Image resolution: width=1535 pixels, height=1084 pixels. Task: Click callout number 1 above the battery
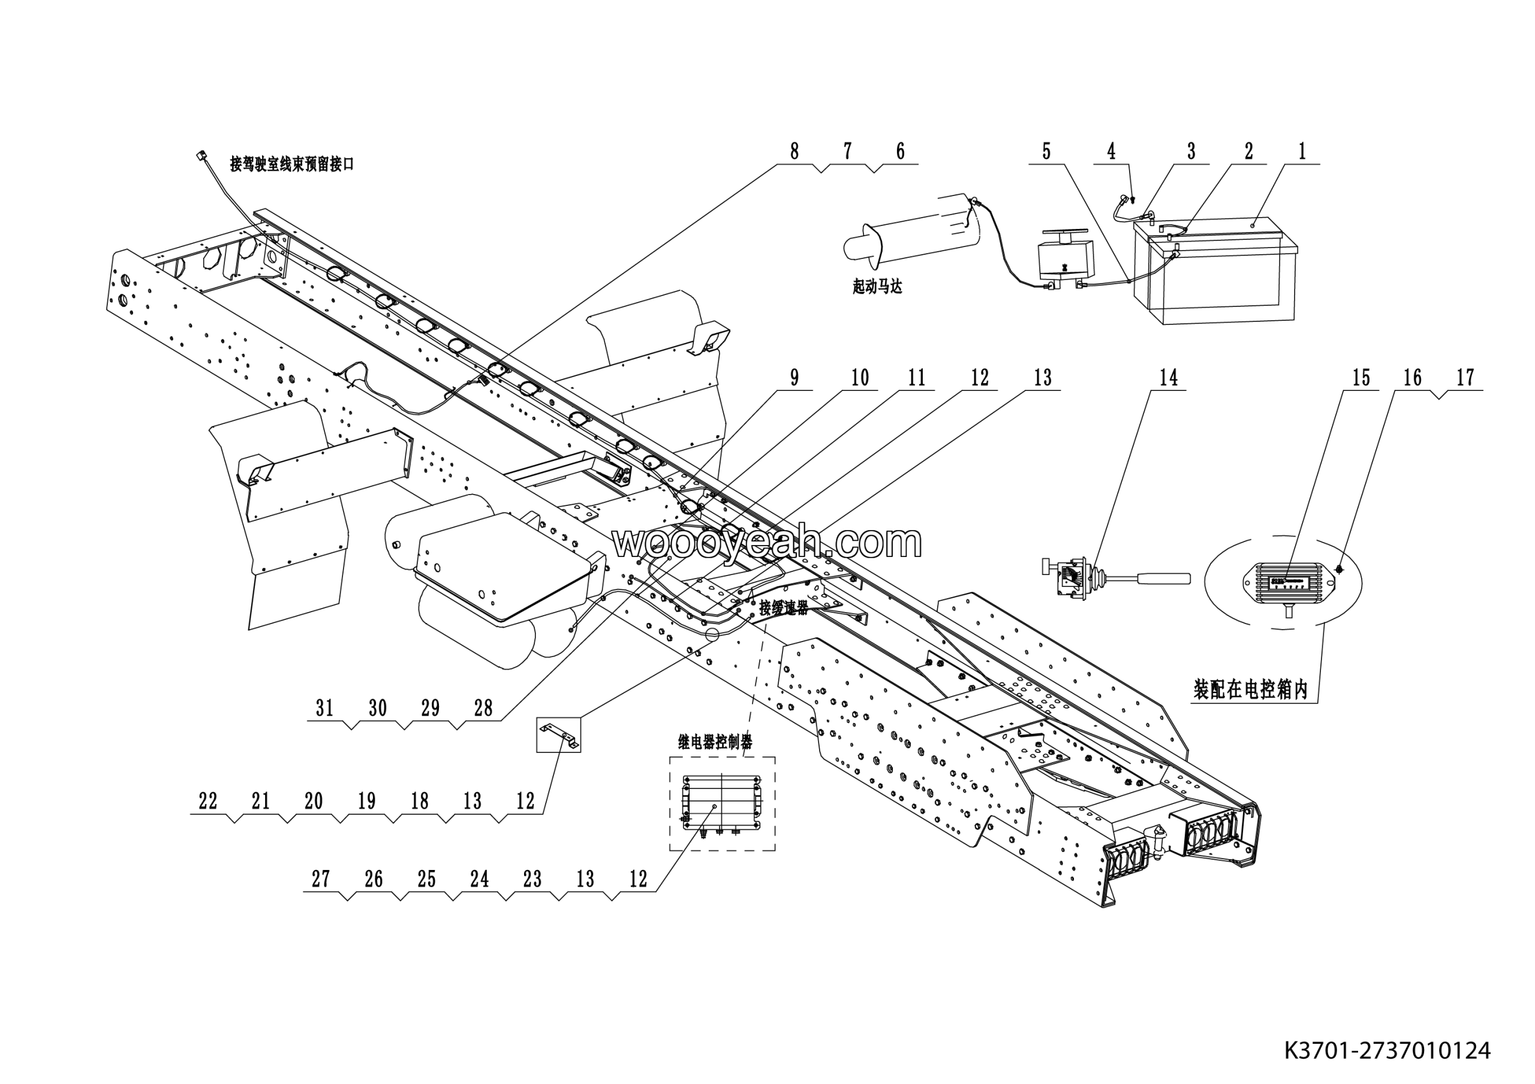1302,152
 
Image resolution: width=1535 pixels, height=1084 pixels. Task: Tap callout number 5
1046,152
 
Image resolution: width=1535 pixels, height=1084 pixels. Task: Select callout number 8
794,152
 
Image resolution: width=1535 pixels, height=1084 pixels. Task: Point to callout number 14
1169,378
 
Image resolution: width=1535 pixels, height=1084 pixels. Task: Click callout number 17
1465,378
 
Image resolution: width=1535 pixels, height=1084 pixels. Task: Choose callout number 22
208,801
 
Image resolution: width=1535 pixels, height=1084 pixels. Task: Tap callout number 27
321,880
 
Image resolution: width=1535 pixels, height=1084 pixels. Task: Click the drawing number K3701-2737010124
1386,1050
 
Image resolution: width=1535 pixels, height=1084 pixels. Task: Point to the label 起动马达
877,287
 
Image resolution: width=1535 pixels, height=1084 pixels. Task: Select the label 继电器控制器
715,742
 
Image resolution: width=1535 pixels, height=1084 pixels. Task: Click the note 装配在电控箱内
1250,689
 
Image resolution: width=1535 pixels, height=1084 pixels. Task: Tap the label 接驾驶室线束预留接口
291,164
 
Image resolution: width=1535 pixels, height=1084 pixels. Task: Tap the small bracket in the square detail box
559,734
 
